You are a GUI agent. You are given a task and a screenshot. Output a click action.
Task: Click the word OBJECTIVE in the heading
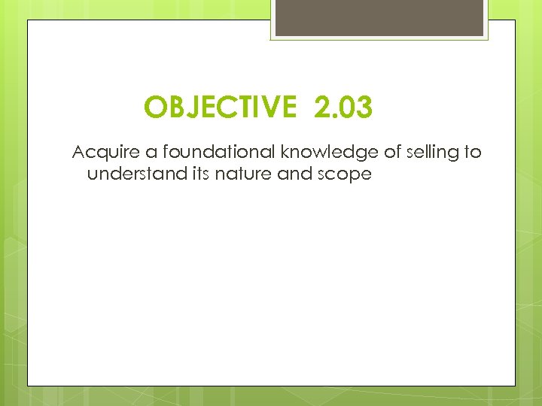[221, 108]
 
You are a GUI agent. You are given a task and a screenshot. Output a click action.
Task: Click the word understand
[125, 174]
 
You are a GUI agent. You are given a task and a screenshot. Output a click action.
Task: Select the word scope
[346, 175]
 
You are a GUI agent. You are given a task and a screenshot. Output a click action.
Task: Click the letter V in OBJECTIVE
[265, 108]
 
